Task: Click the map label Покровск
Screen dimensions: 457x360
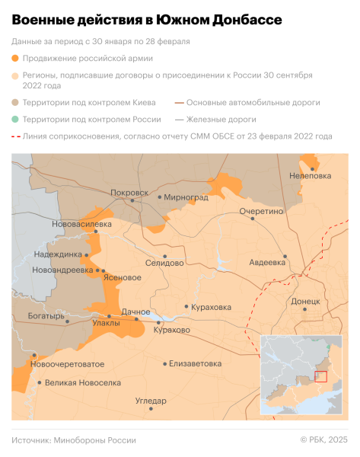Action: pyautogui.click(x=129, y=193)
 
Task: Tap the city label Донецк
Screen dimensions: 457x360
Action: pyautogui.click(x=305, y=302)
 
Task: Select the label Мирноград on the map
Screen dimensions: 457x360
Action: pyautogui.click(x=186, y=197)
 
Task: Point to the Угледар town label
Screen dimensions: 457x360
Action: pyautogui.click(x=151, y=400)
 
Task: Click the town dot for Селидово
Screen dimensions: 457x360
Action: pyautogui.click(x=165, y=257)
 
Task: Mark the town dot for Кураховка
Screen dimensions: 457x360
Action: pyautogui.click(x=186, y=307)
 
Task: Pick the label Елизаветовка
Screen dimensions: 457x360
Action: pyautogui.click(x=196, y=363)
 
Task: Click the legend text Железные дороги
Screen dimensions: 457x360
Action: pyautogui.click(x=221, y=120)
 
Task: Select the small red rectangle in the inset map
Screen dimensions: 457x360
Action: pyautogui.click(x=320, y=376)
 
